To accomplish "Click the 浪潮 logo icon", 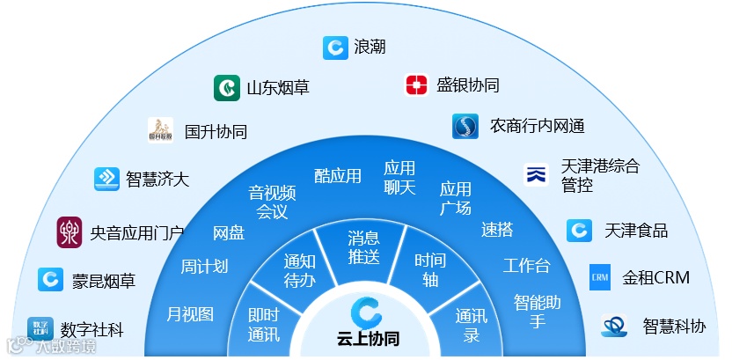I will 335,47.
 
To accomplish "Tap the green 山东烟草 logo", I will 227,88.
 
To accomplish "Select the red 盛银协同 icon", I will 416,85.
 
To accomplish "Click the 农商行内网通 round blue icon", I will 465,127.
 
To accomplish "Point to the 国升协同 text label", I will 216,132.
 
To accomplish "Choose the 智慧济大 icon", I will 106,179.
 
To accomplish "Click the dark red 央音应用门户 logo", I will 70,232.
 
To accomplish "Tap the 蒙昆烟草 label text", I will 104,282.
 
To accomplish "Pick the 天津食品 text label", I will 636,231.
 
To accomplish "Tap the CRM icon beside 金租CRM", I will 600,277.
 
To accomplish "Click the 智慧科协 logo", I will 614,326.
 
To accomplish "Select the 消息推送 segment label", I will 363,247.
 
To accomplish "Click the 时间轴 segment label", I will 430,269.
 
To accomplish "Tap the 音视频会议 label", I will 272,202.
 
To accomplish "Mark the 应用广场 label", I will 456,199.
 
